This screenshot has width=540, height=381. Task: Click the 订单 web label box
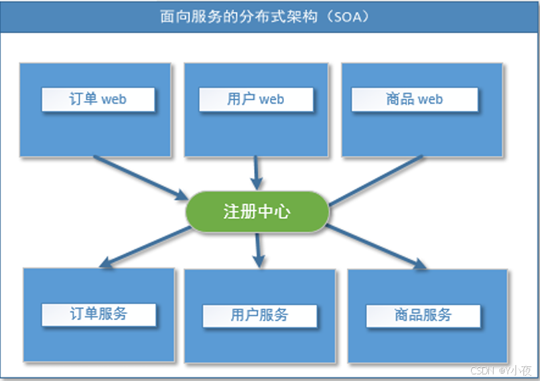point(98,100)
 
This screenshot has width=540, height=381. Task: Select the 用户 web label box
point(255,100)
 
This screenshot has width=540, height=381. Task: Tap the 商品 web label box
point(414,100)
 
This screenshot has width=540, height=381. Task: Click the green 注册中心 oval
point(257,212)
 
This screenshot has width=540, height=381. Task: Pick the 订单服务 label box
point(99,315)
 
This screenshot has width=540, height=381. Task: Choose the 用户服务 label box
point(259,315)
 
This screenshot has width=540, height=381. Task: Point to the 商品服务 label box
point(423,315)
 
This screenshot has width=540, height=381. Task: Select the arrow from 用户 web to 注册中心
point(256,173)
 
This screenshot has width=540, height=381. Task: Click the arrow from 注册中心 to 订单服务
point(145,247)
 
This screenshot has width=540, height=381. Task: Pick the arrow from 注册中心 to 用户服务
point(259,249)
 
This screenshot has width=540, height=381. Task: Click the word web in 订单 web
point(113,100)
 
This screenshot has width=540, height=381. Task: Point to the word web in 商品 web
point(430,100)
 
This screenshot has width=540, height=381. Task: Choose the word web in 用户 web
point(271,100)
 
